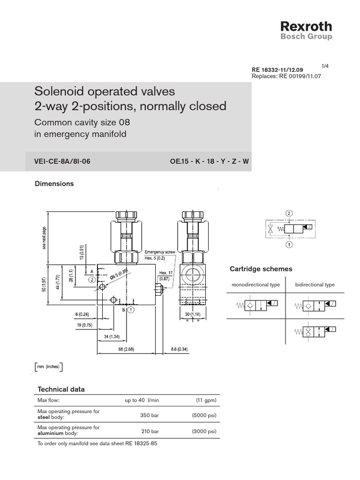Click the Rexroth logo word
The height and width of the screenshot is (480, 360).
(x=306, y=26)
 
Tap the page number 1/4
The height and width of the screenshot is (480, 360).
(x=325, y=65)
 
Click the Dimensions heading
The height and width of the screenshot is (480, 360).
(x=54, y=184)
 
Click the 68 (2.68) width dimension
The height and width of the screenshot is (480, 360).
(x=126, y=349)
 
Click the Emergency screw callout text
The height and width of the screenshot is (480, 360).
(x=159, y=252)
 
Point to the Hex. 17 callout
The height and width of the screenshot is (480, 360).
(x=165, y=273)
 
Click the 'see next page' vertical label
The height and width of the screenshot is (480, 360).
(x=45, y=238)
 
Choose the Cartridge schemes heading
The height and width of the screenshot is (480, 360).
(x=261, y=269)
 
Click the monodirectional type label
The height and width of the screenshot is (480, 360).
(x=255, y=285)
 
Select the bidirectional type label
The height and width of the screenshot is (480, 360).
(x=315, y=285)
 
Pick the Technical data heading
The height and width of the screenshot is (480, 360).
(x=61, y=390)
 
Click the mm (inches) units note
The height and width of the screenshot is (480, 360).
(x=49, y=367)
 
